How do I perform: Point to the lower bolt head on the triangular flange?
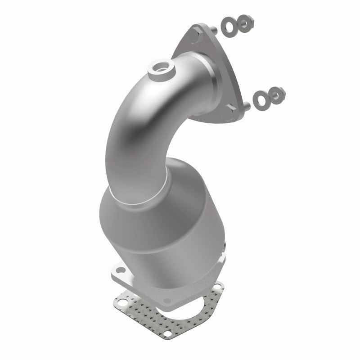(x=231, y=107)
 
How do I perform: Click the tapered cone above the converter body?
(x=184, y=180)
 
